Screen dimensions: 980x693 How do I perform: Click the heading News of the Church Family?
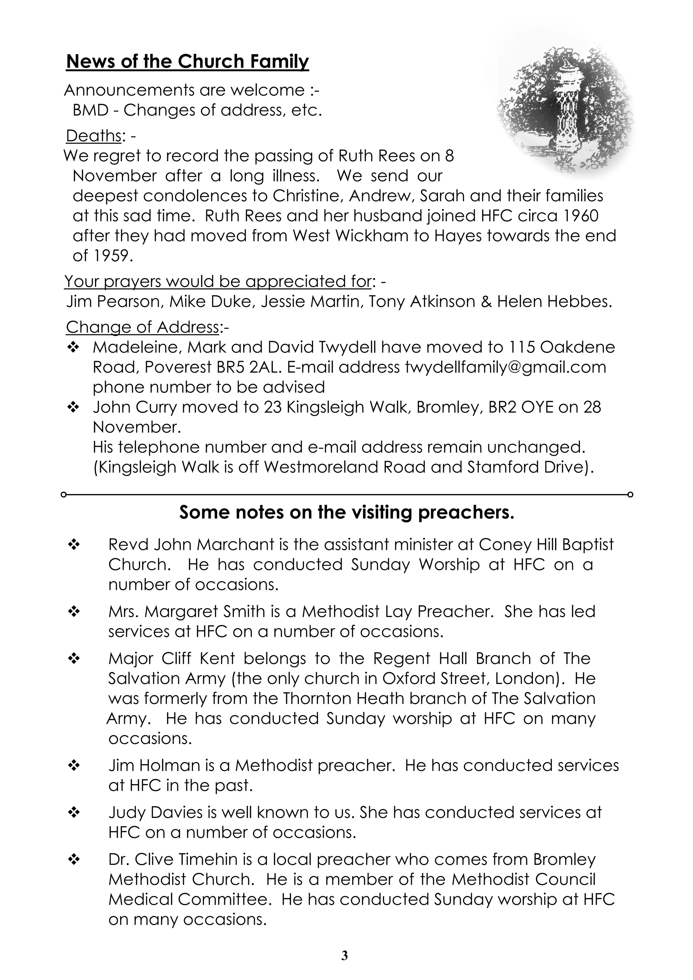click(x=187, y=62)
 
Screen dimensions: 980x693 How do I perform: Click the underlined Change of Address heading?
click(x=142, y=327)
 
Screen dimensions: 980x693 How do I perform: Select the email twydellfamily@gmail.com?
click(x=505, y=367)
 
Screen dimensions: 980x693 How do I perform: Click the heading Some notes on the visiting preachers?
click(x=346, y=513)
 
